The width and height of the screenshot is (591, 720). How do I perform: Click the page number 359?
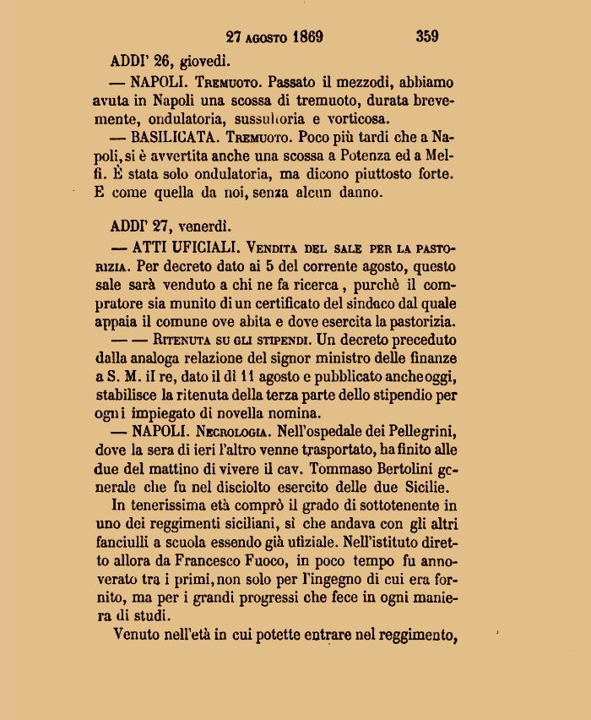[426, 36]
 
